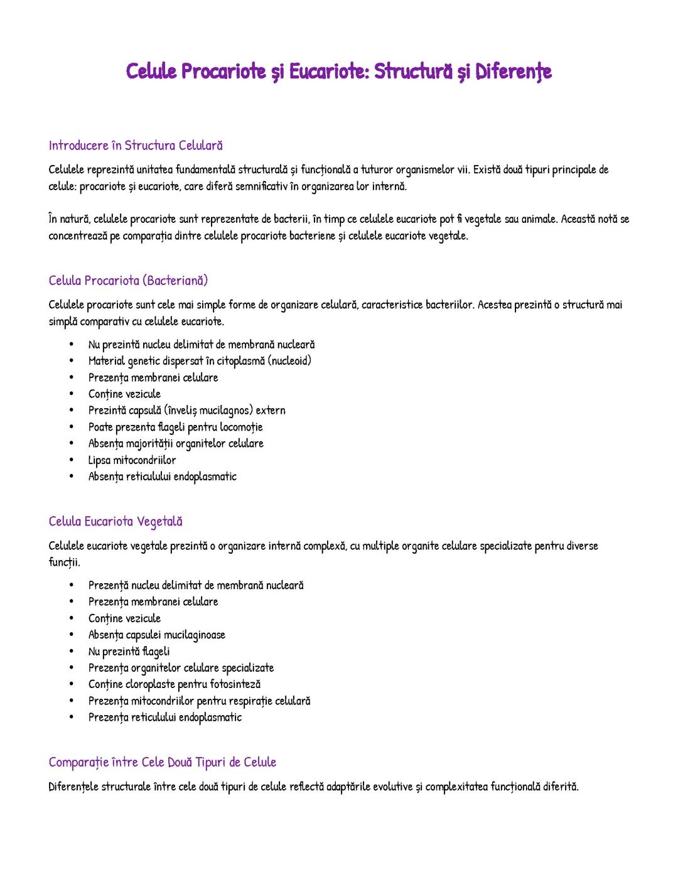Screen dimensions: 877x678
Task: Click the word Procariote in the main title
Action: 223,71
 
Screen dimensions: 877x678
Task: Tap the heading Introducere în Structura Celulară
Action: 136,146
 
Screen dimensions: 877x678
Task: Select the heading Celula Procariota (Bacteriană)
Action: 128,281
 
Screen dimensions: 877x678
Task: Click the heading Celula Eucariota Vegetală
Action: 116,522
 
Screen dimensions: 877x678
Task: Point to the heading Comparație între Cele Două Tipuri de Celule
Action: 163,762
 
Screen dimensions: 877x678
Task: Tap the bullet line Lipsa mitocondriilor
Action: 132,460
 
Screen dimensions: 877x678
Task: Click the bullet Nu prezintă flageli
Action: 129,652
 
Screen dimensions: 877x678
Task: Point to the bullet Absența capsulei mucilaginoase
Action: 156,635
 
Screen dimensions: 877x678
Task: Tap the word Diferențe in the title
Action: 514,71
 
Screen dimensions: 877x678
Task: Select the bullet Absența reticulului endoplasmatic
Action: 162,476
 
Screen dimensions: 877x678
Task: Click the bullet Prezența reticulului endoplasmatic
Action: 164,718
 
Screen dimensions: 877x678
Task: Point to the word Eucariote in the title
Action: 328,71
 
